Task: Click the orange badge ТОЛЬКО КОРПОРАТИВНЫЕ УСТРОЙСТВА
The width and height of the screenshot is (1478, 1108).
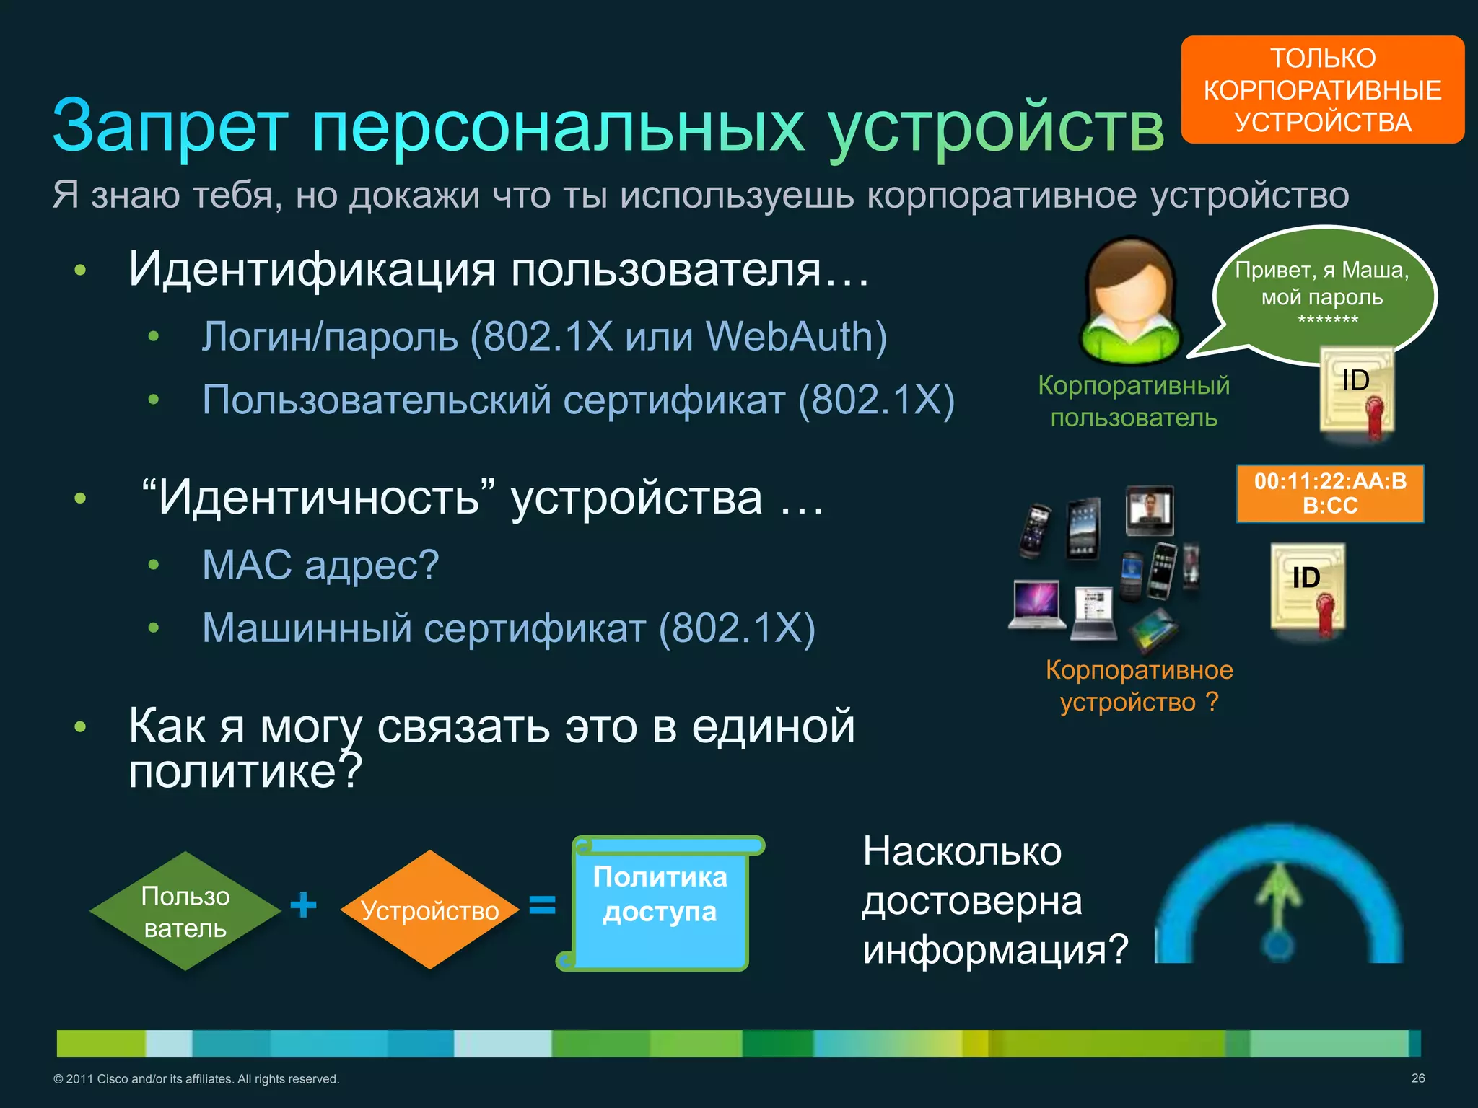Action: [1322, 89]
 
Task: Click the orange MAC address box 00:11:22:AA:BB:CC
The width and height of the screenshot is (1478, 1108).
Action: [1329, 493]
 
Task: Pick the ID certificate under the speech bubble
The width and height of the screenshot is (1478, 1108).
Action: [1357, 394]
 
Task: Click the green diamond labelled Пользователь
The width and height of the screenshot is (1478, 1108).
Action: [185, 912]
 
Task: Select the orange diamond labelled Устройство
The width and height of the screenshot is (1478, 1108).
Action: [429, 910]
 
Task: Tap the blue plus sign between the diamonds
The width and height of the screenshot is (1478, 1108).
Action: [303, 905]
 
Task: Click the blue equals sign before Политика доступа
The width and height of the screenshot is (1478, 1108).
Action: [542, 905]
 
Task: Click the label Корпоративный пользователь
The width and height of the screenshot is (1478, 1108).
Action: [1133, 401]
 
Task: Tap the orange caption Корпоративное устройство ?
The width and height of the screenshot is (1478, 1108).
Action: [1139, 685]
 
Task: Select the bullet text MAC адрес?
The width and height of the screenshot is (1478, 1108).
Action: [320, 564]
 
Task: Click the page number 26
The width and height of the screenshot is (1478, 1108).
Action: [1417, 1078]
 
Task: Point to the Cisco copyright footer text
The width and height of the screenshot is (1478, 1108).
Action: [196, 1079]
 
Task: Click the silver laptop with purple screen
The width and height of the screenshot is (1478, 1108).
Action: [1037, 604]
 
